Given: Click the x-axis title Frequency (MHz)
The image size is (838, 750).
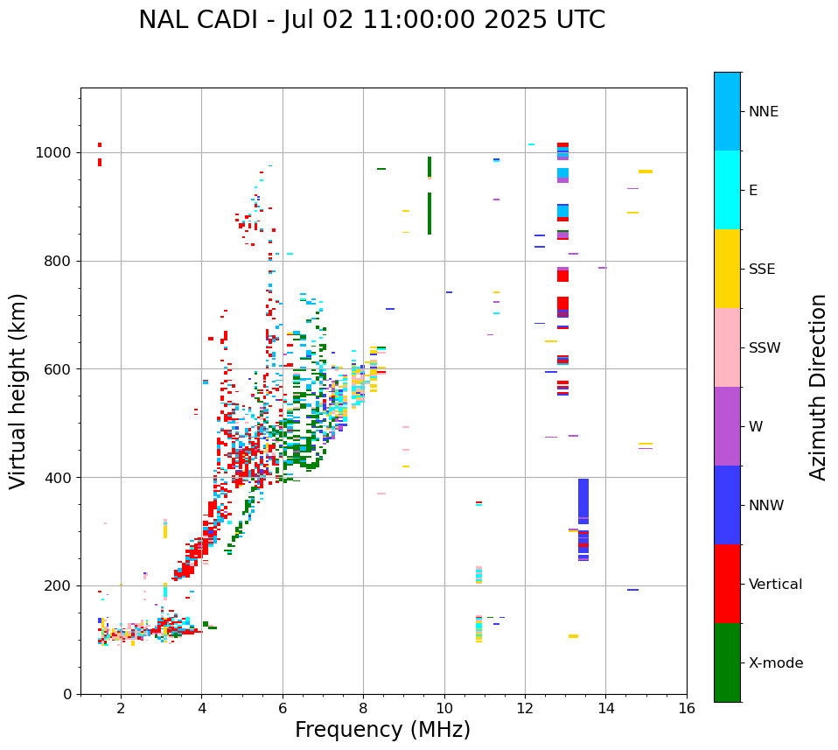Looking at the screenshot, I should [x=382, y=730].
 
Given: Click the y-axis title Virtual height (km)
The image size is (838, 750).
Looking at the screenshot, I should [x=18, y=390].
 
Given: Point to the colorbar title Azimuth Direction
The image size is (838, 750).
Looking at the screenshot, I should [x=818, y=387].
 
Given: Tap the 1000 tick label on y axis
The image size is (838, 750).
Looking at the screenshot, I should [x=54, y=153].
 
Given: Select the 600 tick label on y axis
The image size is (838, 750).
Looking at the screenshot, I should [x=59, y=369].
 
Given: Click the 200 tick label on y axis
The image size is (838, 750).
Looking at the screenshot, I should [x=59, y=586].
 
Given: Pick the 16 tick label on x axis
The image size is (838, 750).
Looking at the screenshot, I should [x=687, y=708].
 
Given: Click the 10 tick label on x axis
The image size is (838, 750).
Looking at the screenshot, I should [x=444, y=708].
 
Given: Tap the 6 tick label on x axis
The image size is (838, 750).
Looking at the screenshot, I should [x=283, y=708].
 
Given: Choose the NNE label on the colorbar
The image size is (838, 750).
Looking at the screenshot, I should [x=763, y=112].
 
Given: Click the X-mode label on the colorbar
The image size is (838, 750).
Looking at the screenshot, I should [x=775, y=663].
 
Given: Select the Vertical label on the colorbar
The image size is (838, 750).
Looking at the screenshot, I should [x=775, y=585].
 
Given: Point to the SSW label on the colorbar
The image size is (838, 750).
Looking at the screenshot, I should [x=765, y=348].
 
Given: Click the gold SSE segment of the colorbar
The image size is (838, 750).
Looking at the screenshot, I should [x=727, y=269].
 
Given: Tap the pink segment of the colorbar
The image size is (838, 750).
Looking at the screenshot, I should [x=727, y=347].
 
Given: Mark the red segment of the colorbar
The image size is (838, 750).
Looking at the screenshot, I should [x=727, y=584].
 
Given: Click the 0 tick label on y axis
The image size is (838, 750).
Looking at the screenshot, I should [x=67, y=694].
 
